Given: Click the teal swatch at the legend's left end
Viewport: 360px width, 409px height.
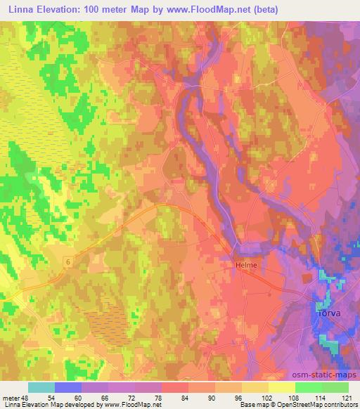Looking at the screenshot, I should point(41,387).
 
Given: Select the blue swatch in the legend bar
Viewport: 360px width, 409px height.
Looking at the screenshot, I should point(68,387).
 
